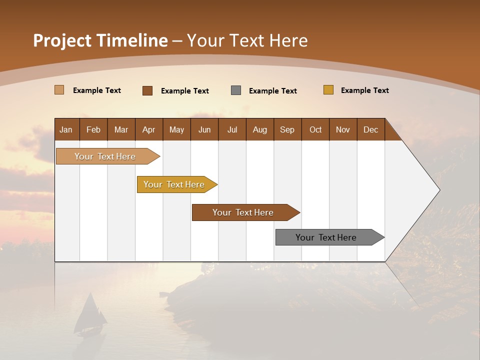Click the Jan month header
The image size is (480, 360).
(x=66, y=129)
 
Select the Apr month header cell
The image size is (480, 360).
(x=149, y=129)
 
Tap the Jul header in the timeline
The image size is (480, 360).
(x=232, y=129)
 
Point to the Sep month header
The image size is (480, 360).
(x=287, y=129)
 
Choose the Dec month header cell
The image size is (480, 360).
(x=370, y=129)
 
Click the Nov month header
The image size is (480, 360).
(x=343, y=129)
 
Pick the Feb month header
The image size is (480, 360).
(x=93, y=129)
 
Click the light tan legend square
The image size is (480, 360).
(x=59, y=90)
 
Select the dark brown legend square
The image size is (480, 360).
(x=147, y=90)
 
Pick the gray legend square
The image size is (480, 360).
(x=236, y=90)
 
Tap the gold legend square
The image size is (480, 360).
(x=328, y=90)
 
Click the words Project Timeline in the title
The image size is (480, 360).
(x=100, y=40)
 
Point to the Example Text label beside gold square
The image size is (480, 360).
(x=364, y=90)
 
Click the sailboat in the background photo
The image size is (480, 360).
(x=90, y=315)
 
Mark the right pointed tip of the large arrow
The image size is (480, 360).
(x=438, y=190)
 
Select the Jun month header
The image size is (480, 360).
(x=204, y=129)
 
